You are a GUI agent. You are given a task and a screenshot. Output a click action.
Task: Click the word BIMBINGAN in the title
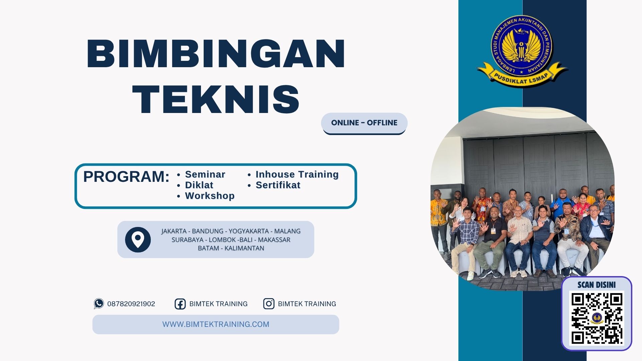[216, 53]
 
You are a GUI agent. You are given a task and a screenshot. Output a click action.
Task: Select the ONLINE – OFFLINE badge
[364, 123]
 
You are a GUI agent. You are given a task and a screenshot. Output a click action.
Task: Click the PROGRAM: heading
[126, 176]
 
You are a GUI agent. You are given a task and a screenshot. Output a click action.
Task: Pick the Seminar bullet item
[205, 174]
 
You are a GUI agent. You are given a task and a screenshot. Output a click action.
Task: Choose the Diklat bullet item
[199, 185]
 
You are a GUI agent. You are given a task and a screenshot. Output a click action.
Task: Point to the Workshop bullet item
[210, 196]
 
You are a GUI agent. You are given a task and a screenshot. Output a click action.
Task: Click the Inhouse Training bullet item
[297, 174]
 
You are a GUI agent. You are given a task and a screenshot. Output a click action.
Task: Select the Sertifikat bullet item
[278, 185]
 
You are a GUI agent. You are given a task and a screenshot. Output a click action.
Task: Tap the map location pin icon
[138, 239]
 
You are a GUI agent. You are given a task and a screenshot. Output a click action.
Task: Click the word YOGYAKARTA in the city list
[248, 231]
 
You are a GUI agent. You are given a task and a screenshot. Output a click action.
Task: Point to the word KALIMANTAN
[244, 248]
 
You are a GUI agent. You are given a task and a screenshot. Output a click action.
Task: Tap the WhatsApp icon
[99, 304]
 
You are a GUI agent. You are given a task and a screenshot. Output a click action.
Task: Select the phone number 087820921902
[131, 304]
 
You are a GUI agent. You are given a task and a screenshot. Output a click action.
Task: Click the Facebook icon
[180, 304]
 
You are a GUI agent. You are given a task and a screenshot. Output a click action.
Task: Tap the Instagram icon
[269, 304]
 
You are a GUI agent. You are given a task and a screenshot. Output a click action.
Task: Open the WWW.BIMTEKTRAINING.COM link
[216, 324]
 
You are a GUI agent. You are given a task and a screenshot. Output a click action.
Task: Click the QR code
[597, 318]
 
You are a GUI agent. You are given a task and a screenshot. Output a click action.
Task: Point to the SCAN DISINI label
[597, 285]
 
